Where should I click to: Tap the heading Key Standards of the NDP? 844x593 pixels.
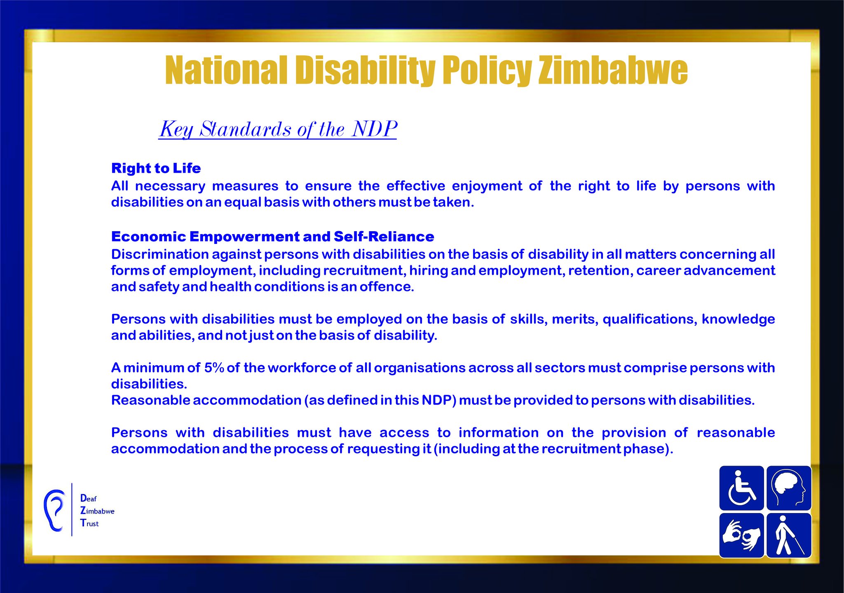[278, 129]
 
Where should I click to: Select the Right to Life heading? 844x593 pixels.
[156, 168]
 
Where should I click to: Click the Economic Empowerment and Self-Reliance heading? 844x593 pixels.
[272, 237]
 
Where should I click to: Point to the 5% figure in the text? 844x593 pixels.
[214, 368]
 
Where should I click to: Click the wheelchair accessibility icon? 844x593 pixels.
[741, 488]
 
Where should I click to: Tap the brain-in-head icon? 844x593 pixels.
[789, 488]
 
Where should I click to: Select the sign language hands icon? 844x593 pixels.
[741, 535]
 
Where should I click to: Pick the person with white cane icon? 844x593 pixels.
[789, 535]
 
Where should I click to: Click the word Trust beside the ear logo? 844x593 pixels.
[89, 523]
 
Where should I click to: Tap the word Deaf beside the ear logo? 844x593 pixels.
[88, 498]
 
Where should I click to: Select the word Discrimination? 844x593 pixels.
[160, 254]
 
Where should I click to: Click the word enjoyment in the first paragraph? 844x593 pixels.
[487, 186]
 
